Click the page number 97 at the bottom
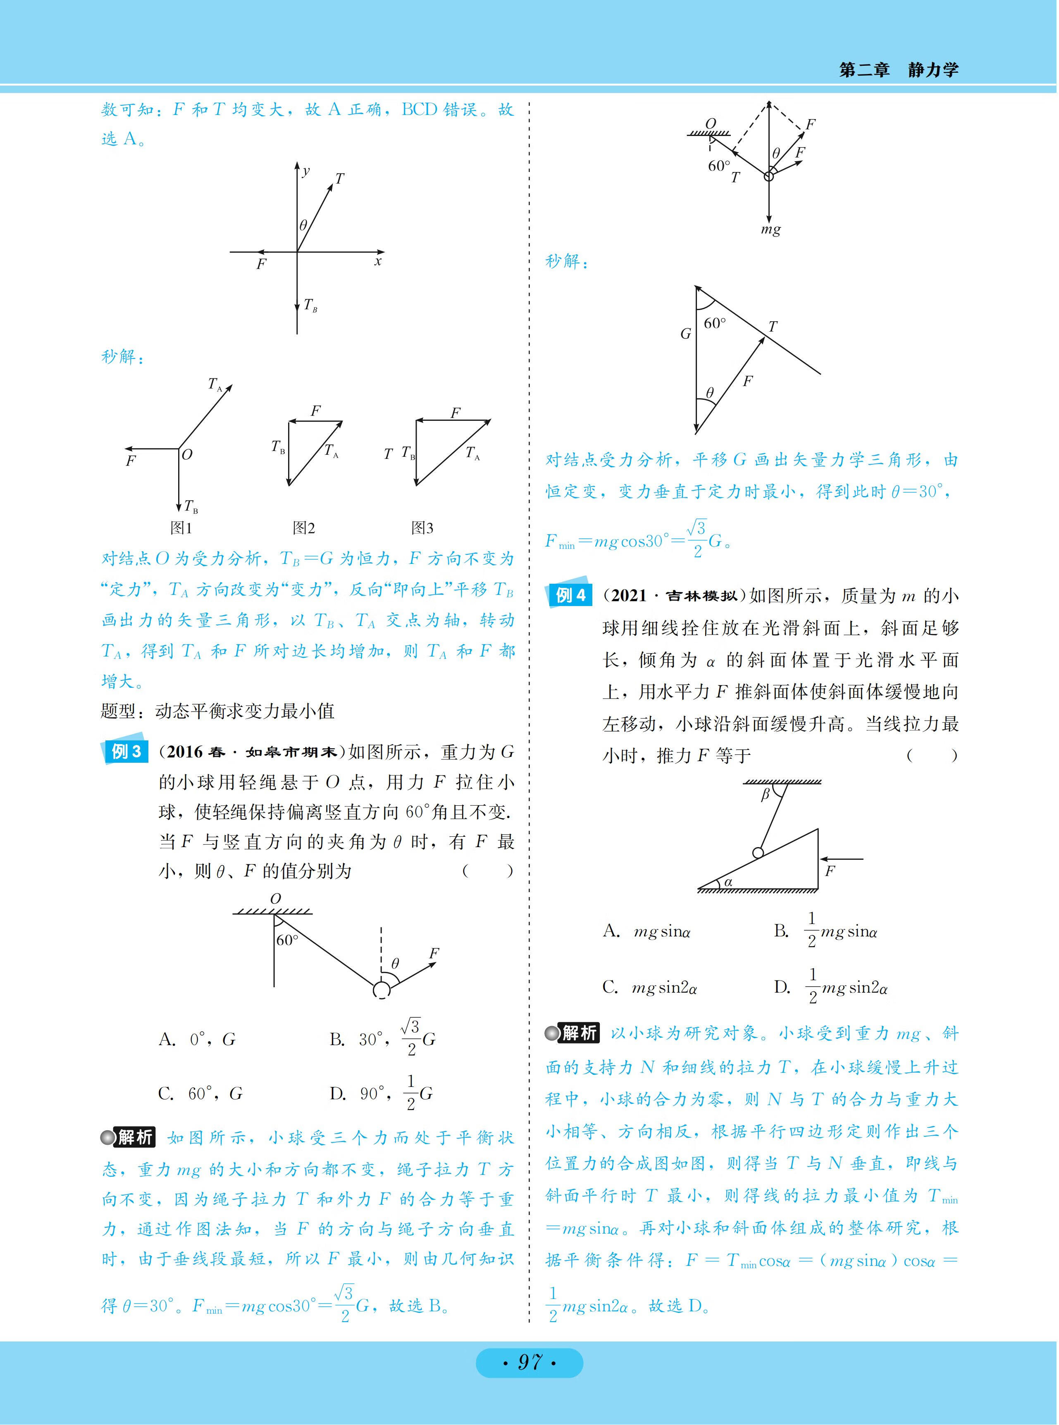pos(529,1361)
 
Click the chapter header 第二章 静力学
pos(898,70)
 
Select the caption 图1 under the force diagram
pos(181,528)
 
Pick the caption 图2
pos(304,528)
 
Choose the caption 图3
pos(422,528)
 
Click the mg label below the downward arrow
pos(770,229)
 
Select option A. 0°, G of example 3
pos(198,1039)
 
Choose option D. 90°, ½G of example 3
pos(382,1093)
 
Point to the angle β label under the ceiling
pos(765,795)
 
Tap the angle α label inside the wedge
pos(728,882)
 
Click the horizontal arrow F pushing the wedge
pos(842,858)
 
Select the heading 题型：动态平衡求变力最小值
pos(218,711)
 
